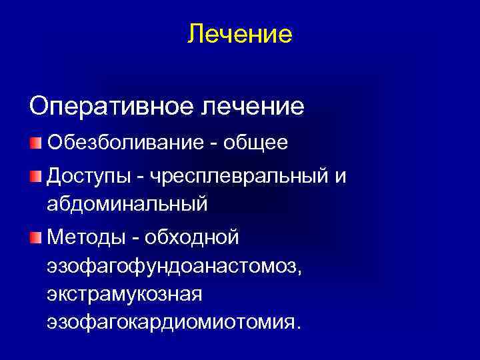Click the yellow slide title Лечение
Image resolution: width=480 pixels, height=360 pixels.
(240, 33)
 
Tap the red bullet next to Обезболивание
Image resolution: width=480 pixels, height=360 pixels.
(35, 143)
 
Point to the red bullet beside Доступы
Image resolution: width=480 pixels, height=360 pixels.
(35, 175)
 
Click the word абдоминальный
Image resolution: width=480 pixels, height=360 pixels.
(127, 203)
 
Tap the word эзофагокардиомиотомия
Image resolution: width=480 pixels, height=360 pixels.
(174, 323)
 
